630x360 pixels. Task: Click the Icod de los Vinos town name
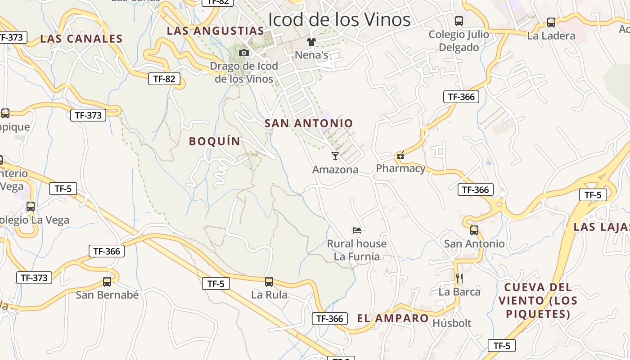pos(339,20)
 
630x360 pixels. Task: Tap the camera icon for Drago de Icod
pos(244,53)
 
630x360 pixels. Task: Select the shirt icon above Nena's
pos(311,42)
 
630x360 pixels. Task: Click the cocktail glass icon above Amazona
pos(335,156)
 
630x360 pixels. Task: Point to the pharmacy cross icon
pos(400,156)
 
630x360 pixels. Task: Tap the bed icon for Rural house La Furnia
pos(357,230)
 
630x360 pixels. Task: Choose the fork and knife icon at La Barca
pos(459,279)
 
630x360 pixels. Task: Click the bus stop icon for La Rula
pos(269,282)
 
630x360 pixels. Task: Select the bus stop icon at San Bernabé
pos(107,282)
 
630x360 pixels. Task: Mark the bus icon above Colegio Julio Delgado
pos(459,21)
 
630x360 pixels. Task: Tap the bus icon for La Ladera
pos(551,22)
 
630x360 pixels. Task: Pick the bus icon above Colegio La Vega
pos(31,207)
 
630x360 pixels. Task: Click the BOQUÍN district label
pos(215,141)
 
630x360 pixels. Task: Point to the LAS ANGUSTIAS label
pos(215,31)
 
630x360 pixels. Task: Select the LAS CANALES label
pos(81,39)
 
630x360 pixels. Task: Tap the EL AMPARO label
pos(393,319)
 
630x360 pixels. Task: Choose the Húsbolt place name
pos(452,323)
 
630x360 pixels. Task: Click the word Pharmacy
pos(400,168)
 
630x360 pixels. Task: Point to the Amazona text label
pos(335,170)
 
